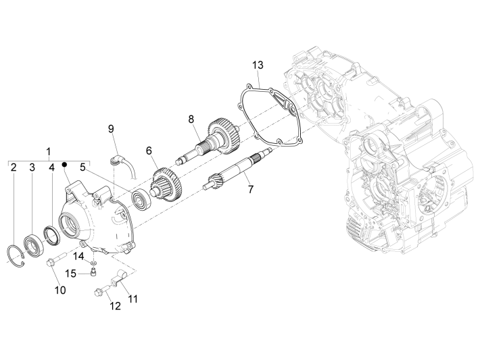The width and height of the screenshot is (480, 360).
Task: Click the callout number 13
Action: coord(257,65)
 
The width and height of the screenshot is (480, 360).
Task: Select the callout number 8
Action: coord(191,119)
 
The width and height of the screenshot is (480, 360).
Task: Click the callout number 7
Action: coord(250,189)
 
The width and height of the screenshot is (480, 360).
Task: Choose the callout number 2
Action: coord(14,167)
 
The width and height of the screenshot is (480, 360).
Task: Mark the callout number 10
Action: coord(60,290)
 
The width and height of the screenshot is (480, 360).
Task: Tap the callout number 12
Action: coord(114,306)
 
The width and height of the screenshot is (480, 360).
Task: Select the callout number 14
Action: coord(79,255)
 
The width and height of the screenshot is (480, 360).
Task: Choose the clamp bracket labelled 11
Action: coord(120,279)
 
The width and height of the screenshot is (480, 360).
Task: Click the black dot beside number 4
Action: coord(64,165)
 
